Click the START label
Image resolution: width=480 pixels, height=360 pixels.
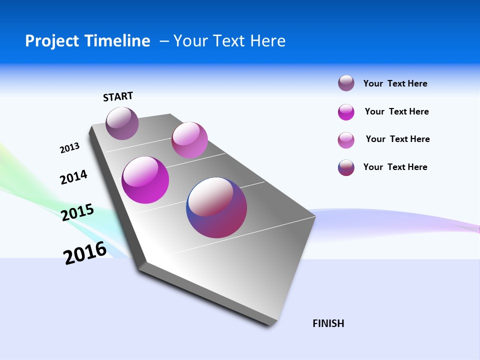point(118,96)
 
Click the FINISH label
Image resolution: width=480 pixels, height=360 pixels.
point(328,323)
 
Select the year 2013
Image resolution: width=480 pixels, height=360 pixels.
point(69,147)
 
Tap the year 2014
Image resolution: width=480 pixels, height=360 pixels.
point(73,177)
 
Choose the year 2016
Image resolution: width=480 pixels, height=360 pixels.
point(85,252)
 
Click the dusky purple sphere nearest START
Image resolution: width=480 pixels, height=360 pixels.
point(122,123)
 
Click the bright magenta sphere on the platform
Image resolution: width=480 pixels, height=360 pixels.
point(145,180)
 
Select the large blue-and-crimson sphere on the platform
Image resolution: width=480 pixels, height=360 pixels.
point(216,207)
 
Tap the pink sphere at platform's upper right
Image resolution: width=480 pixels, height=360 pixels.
point(189,140)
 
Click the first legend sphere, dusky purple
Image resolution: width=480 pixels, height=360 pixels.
point(346,83)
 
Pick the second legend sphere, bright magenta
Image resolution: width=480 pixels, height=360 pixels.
point(346,112)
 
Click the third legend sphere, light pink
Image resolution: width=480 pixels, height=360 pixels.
point(346,140)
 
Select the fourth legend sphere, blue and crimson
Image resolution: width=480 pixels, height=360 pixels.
point(346,167)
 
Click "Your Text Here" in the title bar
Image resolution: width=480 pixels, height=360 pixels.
point(229,41)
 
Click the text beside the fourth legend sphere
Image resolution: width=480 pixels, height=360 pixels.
point(395,167)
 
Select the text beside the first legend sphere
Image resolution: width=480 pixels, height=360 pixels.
point(395,83)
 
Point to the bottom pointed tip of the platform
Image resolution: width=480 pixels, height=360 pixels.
point(270,325)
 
